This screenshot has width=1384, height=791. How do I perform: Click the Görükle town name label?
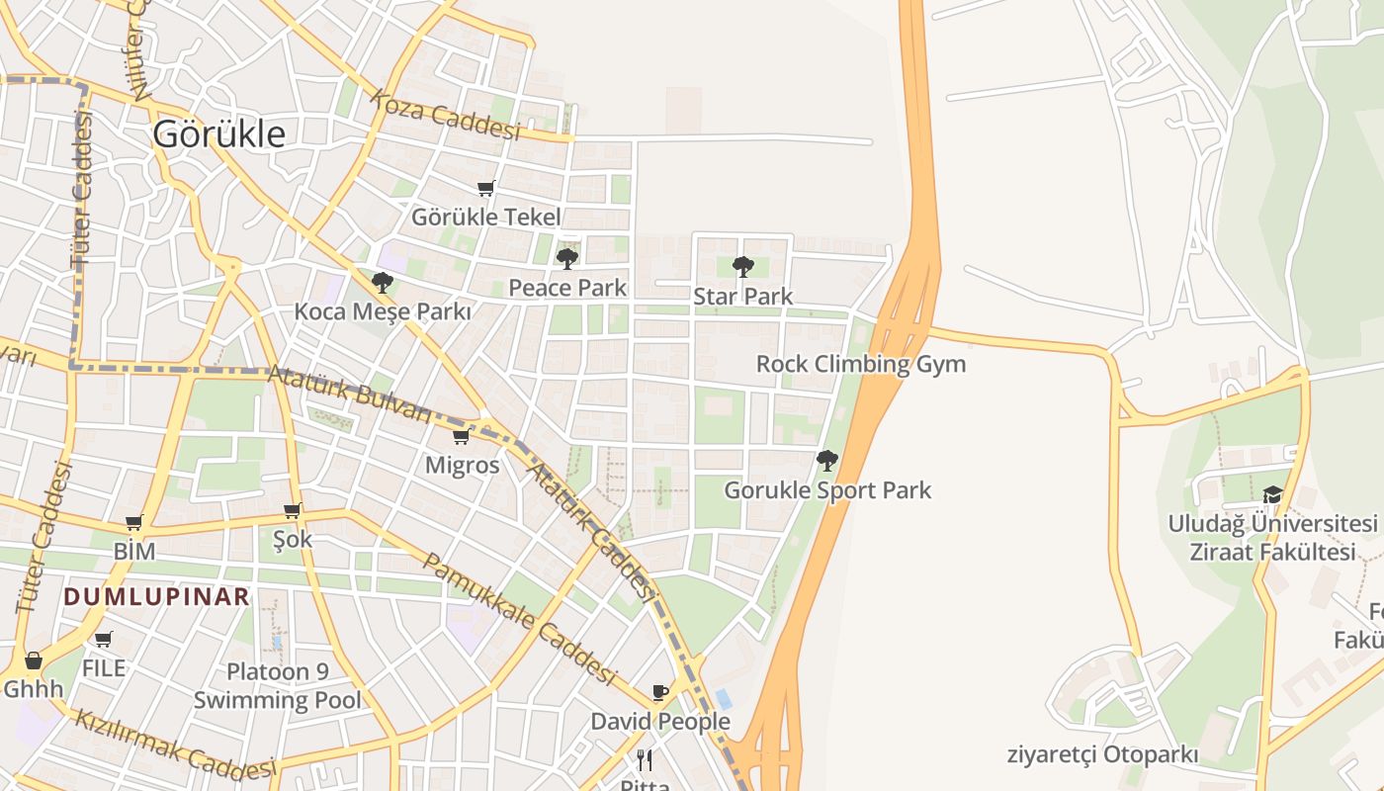pyautogui.click(x=218, y=133)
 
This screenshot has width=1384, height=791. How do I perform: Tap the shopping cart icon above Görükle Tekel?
pyautogui.click(x=485, y=188)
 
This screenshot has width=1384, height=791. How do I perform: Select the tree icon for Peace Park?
pyautogui.click(x=566, y=259)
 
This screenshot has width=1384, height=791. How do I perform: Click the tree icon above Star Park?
pyautogui.click(x=742, y=266)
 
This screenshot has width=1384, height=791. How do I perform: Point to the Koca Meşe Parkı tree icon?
pyautogui.click(x=383, y=283)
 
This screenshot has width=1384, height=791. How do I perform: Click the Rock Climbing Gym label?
pyautogui.click(x=860, y=364)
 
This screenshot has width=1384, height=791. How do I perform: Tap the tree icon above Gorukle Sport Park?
pyautogui.click(x=827, y=460)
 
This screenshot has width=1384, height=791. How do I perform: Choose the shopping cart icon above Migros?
pyautogui.click(x=461, y=436)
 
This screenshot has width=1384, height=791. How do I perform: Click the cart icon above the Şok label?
pyautogui.click(x=292, y=510)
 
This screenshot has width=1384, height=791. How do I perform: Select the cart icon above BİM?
pyautogui.click(x=134, y=522)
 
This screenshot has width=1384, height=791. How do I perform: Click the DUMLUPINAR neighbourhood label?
pyautogui.click(x=156, y=596)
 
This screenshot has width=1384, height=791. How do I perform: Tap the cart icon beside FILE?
pyautogui.click(x=104, y=639)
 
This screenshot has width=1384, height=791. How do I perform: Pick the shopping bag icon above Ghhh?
pyautogui.click(x=34, y=659)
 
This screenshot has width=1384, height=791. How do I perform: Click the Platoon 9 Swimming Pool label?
pyautogui.click(x=278, y=686)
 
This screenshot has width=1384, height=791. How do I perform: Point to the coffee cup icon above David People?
pyautogui.click(x=660, y=692)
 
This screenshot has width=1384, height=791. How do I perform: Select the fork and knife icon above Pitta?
pyautogui.click(x=645, y=759)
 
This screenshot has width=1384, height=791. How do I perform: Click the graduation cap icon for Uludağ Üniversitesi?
pyautogui.click(x=1272, y=494)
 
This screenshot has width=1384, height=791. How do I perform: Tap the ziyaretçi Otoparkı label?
pyautogui.click(x=1102, y=755)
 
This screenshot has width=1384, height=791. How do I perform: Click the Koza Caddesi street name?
pyautogui.click(x=446, y=117)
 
